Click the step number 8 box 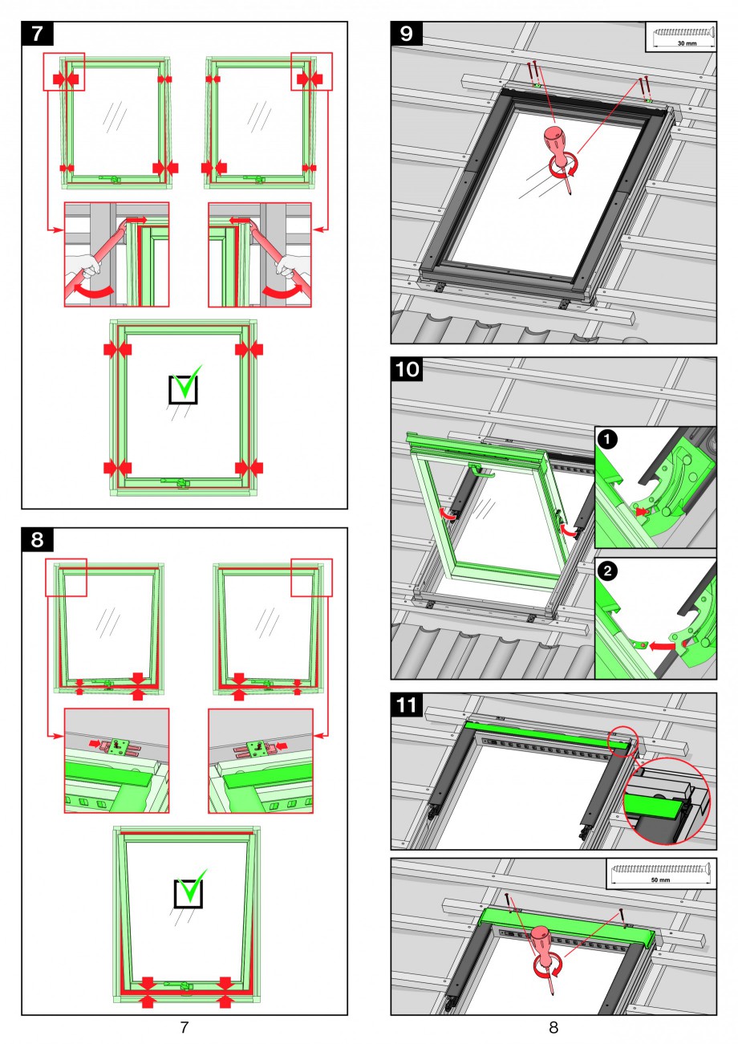[x=37, y=540]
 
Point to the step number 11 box [x=408, y=705]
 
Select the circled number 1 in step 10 [x=608, y=440]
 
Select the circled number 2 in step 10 [x=608, y=571]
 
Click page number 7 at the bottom [x=184, y=1026]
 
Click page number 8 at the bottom [x=553, y=1026]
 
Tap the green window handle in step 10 [x=481, y=472]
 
